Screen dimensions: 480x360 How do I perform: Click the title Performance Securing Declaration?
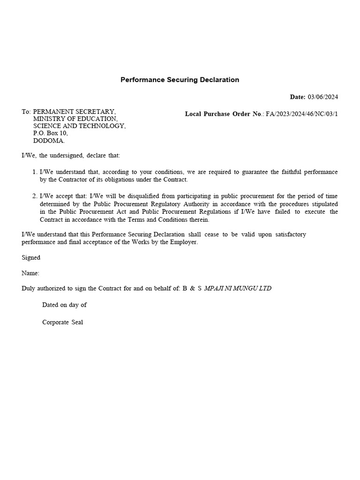click(180, 80)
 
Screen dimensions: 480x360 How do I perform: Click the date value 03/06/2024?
click(322, 97)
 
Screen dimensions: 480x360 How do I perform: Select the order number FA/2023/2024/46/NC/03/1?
click(302, 114)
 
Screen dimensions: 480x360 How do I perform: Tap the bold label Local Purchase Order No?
click(224, 114)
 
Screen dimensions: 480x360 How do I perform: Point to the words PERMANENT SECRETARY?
click(74, 112)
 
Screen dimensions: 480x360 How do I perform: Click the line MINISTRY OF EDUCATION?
click(75, 119)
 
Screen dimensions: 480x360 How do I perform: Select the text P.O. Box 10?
click(50, 133)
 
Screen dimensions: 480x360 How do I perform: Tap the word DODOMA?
click(49, 141)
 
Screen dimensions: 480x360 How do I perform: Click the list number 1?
click(35, 172)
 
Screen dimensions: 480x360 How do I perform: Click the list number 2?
click(35, 196)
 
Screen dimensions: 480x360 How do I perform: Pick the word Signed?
click(31, 257)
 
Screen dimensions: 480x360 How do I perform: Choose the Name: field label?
click(30, 273)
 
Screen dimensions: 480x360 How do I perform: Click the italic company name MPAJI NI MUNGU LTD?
click(238, 288)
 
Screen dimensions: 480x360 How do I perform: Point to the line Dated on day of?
click(64, 305)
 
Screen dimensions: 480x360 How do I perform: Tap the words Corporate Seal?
click(62, 322)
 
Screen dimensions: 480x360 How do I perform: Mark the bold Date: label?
click(298, 97)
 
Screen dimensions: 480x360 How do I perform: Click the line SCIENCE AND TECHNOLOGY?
click(79, 126)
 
